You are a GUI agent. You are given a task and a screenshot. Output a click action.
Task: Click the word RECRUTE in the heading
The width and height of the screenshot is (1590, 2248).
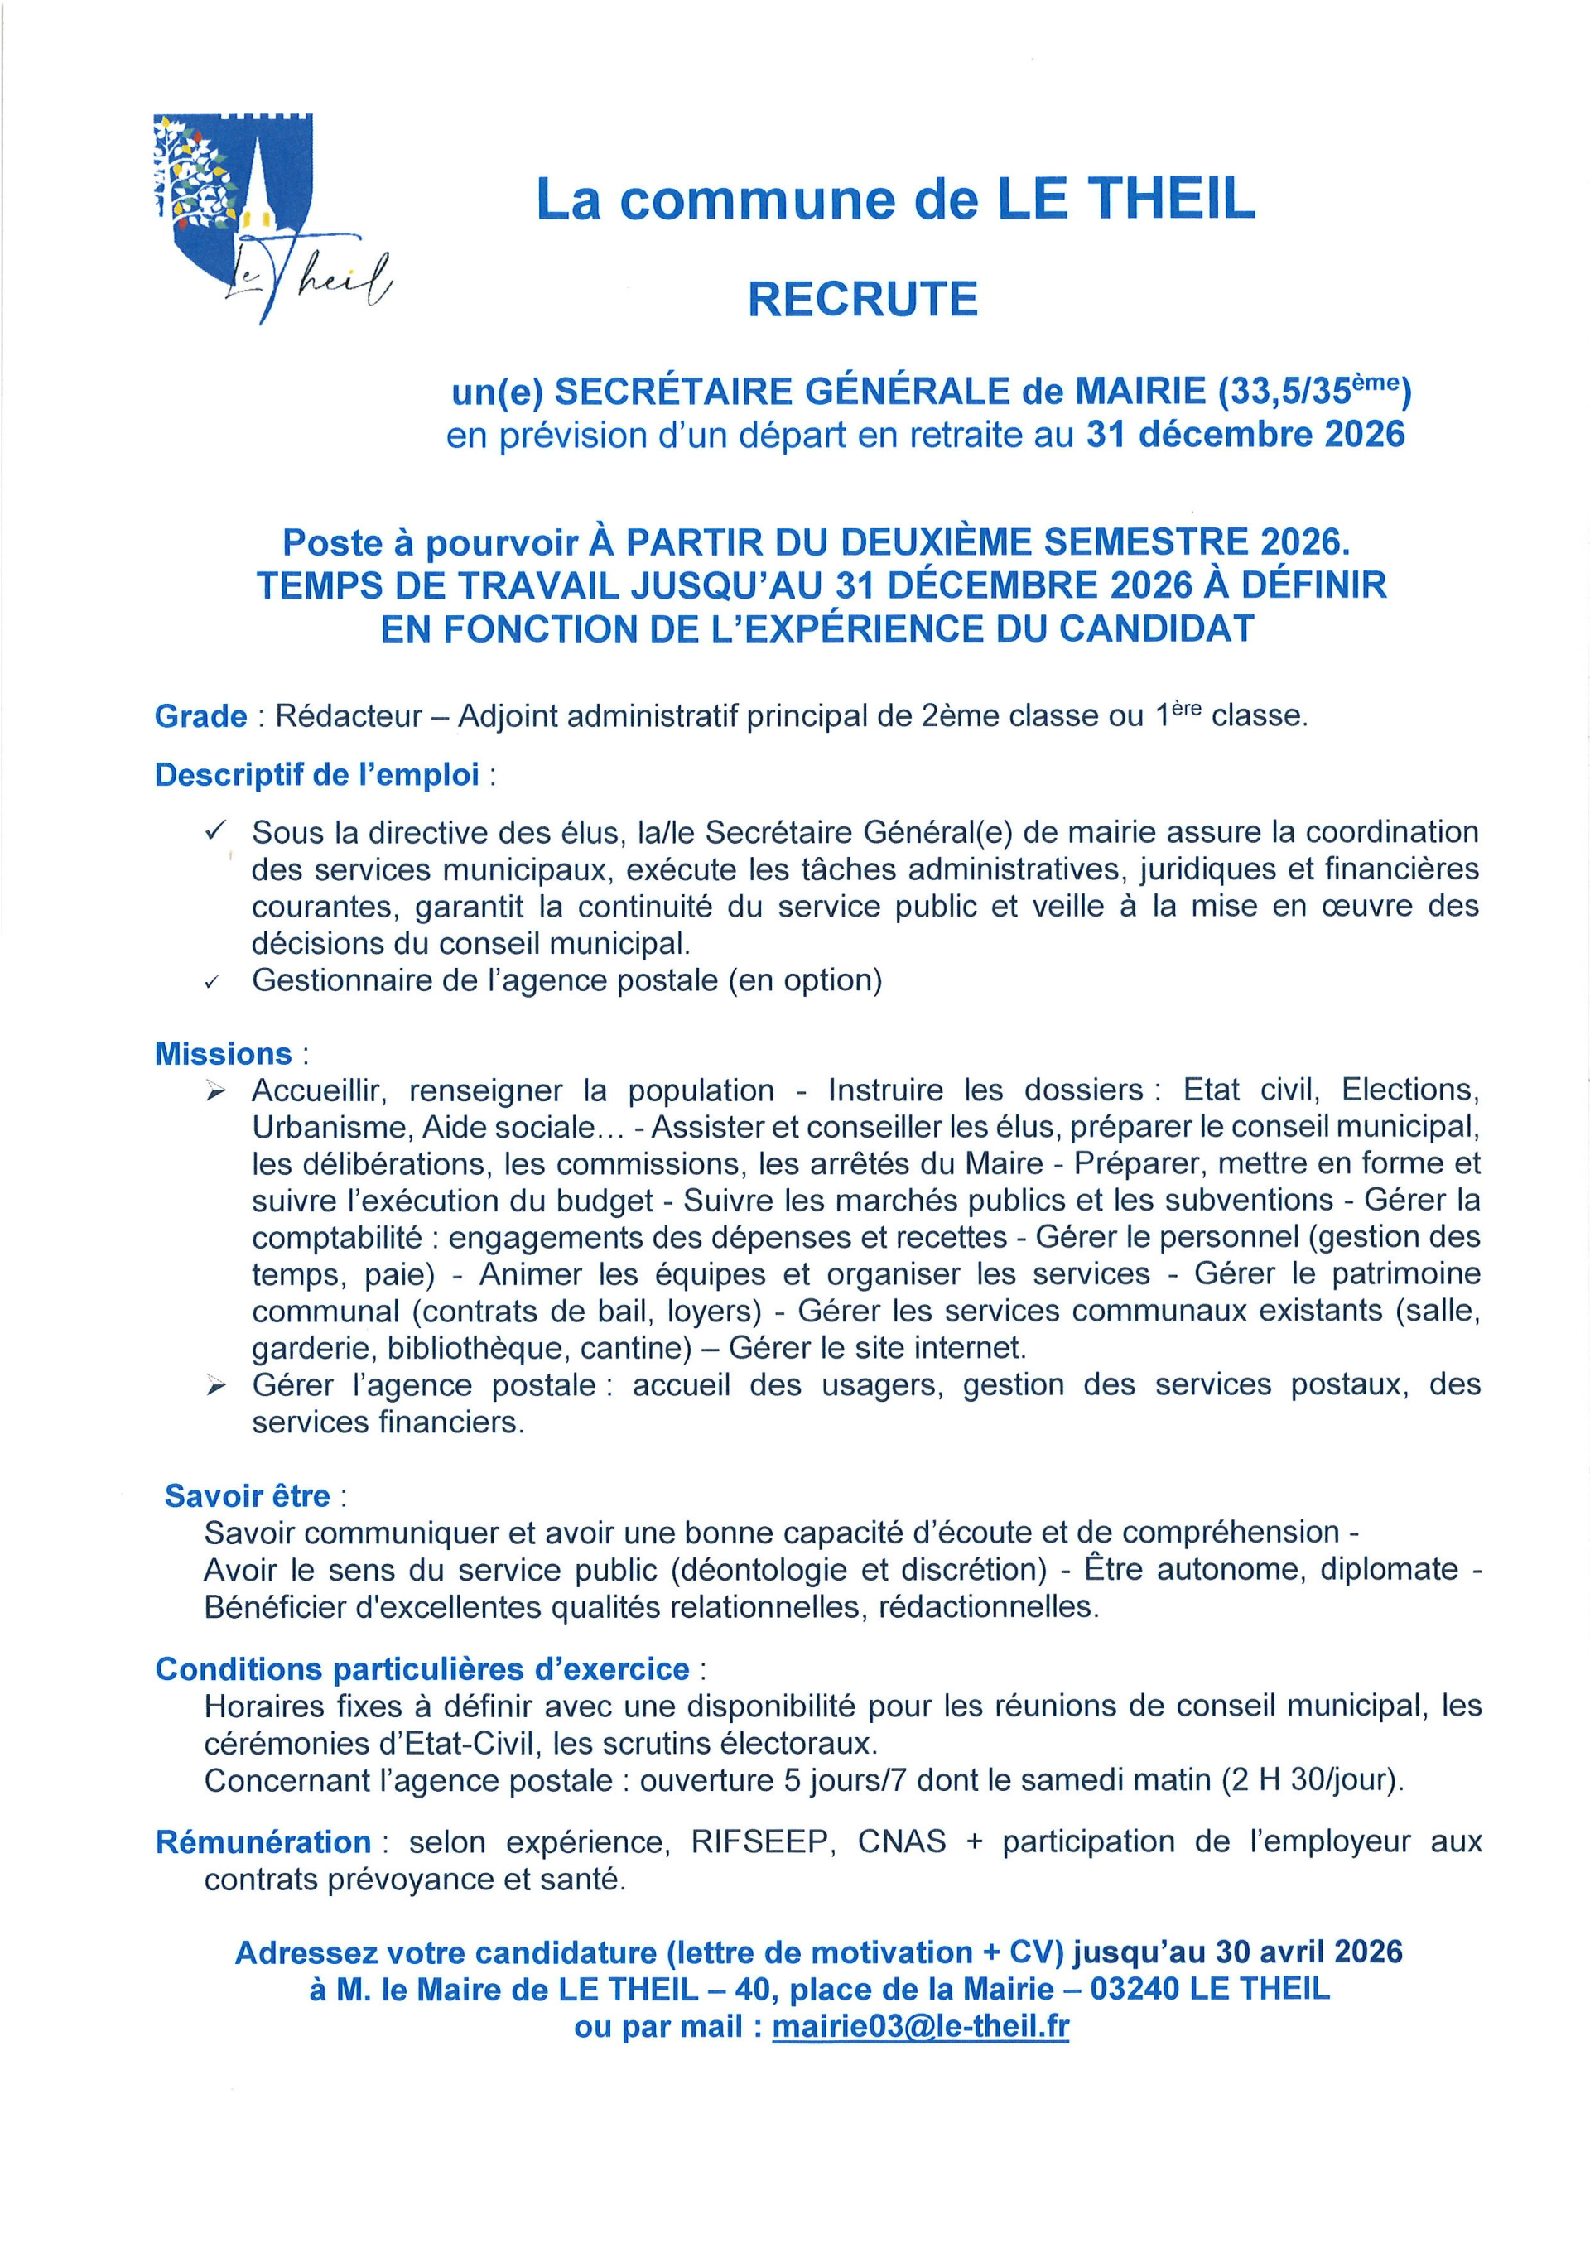(x=863, y=300)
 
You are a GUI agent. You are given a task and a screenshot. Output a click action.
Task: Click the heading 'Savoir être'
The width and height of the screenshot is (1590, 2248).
(x=247, y=1495)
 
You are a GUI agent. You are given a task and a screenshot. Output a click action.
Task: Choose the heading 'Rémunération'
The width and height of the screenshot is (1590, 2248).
(x=263, y=1841)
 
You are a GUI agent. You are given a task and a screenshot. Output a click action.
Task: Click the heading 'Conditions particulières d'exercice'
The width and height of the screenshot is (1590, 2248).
(x=422, y=1668)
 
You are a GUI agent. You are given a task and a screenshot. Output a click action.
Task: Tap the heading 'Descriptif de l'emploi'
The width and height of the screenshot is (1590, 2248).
(x=317, y=774)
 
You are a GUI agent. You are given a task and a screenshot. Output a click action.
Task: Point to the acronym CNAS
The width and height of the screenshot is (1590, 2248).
(x=902, y=1841)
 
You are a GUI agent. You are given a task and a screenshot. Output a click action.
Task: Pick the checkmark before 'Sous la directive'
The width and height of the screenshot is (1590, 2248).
(x=215, y=831)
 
